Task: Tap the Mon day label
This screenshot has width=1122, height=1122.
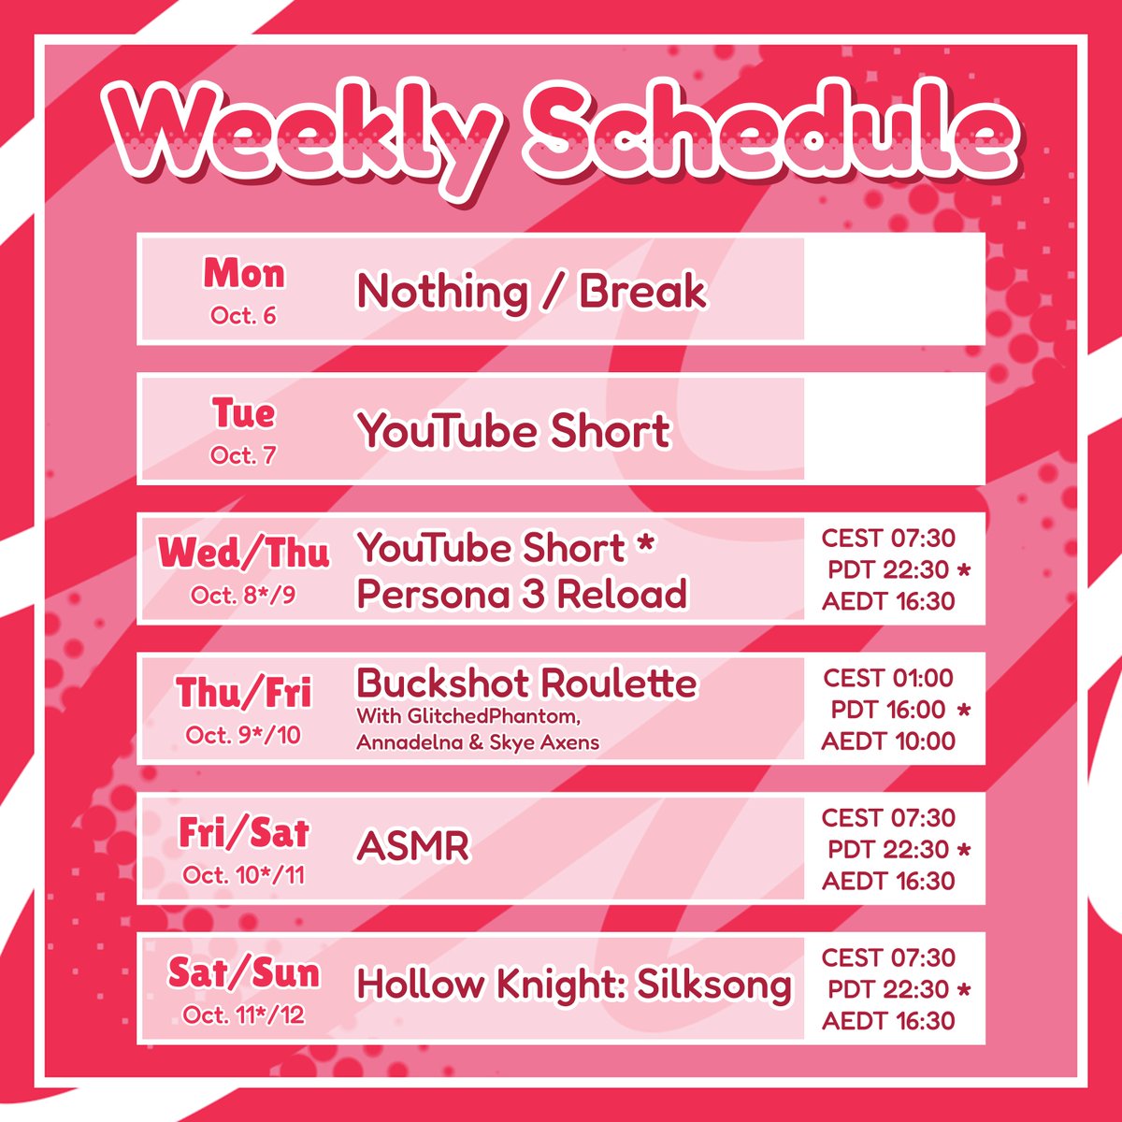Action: [243, 273]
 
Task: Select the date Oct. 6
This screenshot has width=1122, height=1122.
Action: [243, 315]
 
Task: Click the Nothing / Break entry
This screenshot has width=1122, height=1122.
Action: [531, 292]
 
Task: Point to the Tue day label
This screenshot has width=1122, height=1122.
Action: [243, 412]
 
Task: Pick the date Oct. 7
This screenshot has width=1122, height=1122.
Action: [243, 455]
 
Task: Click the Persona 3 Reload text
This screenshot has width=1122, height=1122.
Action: [522, 594]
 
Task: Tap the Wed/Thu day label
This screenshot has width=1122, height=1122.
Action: [243, 553]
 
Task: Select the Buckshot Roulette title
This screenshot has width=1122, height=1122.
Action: [526, 683]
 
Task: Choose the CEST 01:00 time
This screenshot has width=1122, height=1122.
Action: [887, 678]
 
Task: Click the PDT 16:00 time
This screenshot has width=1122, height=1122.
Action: [888, 710]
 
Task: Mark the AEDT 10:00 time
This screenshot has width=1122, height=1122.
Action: [888, 741]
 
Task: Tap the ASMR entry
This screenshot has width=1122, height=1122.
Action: [412, 847]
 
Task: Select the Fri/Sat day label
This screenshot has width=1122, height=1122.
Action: [243, 832]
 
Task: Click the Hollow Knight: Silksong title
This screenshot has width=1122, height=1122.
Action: [574, 985]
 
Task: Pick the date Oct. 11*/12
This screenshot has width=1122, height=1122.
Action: [243, 1014]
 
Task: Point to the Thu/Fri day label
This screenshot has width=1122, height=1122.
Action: [243, 693]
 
